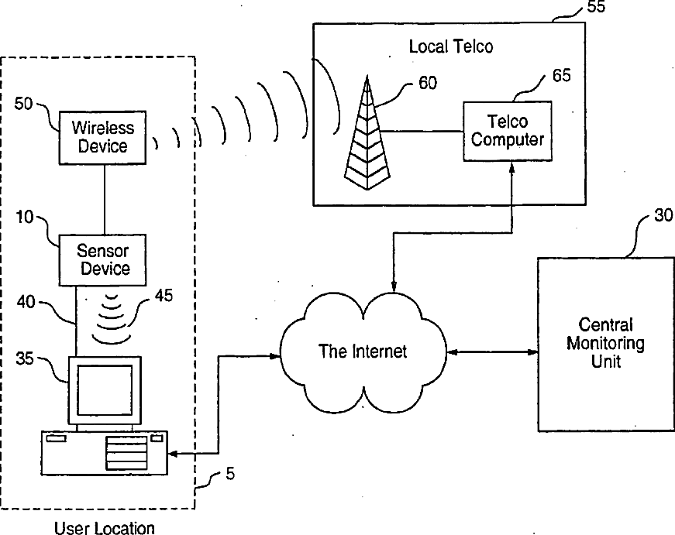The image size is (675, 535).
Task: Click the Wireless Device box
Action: coord(103,136)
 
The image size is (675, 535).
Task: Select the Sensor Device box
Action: coord(103,259)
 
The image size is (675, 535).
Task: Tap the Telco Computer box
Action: coord(507,131)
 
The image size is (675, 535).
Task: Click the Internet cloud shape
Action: coord(363,352)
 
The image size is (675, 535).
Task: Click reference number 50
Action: coord(22,104)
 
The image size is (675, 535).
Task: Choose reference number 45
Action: coord(164,295)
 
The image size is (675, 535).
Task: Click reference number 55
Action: coord(596,8)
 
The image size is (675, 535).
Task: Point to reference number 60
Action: coord(428,83)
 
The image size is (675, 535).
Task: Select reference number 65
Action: coord(562,75)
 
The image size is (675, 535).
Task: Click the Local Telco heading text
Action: coord(451,47)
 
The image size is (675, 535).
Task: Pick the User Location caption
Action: coord(105,529)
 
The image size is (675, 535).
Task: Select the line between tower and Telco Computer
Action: coord(424,131)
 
